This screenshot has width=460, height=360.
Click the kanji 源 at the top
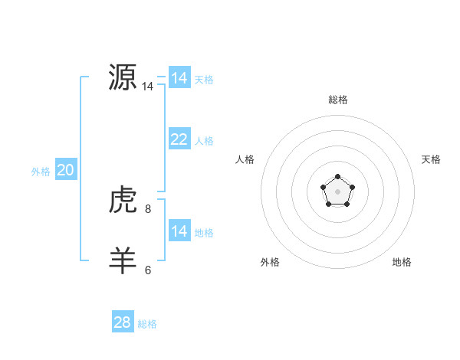click(x=123, y=77)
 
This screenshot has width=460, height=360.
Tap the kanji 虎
click(x=123, y=201)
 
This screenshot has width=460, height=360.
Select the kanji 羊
click(x=123, y=260)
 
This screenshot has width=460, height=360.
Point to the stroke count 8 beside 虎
click(x=148, y=208)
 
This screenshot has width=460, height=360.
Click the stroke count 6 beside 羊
click(x=148, y=270)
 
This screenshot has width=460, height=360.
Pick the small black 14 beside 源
click(x=147, y=87)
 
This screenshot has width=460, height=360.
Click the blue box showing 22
click(x=179, y=139)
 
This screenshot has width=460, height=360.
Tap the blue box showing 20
click(x=65, y=170)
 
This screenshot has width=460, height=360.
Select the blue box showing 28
click(x=123, y=322)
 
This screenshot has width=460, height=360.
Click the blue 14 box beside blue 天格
click(x=179, y=78)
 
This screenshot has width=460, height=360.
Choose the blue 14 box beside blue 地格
click(x=179, y=231)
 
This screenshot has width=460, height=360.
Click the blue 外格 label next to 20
click(x=41, y=172)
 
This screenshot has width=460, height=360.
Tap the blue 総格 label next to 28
click(x=147, y=324)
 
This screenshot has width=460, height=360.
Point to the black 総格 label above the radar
click(x=338, y=100)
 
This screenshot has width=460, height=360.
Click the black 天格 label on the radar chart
click(x=431, y=159)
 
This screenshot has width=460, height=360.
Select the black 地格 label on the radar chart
click(x=402, y=262)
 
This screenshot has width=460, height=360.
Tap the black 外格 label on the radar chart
click(x=270, y=262)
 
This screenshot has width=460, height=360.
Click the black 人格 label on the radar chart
click(x=245, y=159)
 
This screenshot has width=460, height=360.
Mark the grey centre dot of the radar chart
click(x=337, y=191)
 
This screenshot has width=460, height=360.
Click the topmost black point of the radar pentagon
click(x=337, y=177)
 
